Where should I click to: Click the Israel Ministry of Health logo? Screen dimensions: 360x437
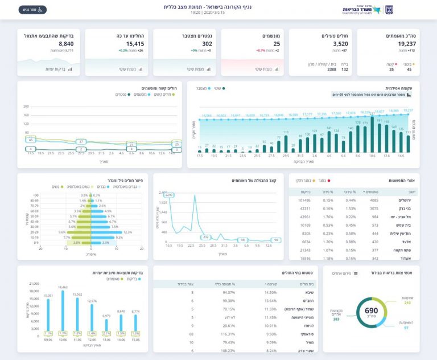point(368,10)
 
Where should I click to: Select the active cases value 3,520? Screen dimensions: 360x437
point(340,44)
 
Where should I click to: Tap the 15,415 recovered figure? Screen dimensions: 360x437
point(135,44)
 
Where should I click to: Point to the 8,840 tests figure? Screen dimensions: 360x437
point(66,44)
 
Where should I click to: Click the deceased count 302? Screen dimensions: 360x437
point(207,44)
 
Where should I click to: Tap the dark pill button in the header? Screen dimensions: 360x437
point(32,10)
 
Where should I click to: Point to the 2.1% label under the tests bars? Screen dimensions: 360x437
point(106,333)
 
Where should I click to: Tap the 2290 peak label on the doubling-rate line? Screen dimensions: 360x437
point(169,195)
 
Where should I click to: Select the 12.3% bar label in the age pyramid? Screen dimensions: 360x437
point(127,232)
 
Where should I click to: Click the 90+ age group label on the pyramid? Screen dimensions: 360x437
point(36,195)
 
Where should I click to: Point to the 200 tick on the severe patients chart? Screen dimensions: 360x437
point(26,107)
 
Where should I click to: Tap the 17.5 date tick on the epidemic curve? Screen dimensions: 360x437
point(200,155)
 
